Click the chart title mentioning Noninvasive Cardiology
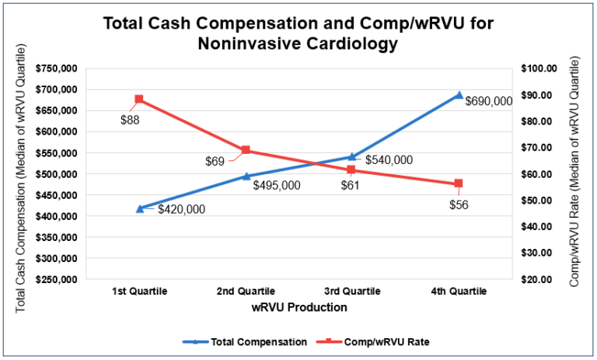(298, 33)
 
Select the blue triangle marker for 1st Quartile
(140, 208)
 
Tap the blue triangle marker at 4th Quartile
(459, 95)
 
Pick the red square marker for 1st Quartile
(139, 100)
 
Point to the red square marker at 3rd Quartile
(351, 170)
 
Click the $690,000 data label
(488, 101)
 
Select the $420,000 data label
(182, 209)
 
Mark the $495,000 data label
(277, 186)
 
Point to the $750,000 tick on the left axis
(56, 68)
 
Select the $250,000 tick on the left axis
(56, 279)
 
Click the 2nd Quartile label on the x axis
(246, 292)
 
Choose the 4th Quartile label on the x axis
(459, 292)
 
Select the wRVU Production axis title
(298, 307)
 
